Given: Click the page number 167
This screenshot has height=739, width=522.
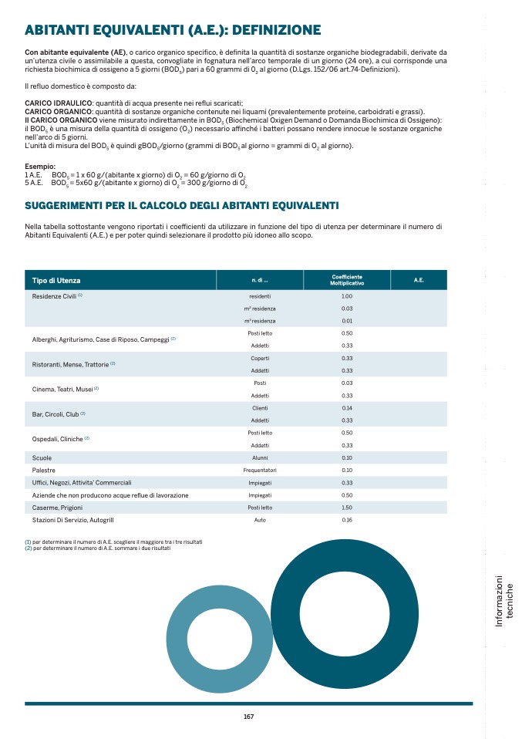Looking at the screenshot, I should click(x=248, y=717).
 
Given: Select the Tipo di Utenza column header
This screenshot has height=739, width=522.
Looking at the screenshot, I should click(x=56, y=280).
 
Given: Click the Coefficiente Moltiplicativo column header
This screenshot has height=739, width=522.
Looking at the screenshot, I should click(x=347, y=280).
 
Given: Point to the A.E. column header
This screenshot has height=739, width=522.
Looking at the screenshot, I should click(x=419, y=280).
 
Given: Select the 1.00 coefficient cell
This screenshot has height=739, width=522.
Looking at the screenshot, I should click(x=347, y=296).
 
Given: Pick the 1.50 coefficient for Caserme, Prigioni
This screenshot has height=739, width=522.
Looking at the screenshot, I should click(x=347, y=508).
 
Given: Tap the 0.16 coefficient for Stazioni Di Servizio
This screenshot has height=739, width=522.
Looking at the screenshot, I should click(x=347, y=520).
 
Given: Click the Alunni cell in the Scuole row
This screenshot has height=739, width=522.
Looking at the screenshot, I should click(x=260, y=457).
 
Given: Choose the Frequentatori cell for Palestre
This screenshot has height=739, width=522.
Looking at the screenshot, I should click(x=260, y=470).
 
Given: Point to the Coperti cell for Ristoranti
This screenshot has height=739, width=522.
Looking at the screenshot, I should click(x=260, y=358).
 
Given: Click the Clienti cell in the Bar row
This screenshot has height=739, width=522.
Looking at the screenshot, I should click(x=260, y=407).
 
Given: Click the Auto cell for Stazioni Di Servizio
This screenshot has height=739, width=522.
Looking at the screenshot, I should click(x=260, y=520).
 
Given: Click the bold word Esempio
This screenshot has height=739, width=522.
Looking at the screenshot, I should click(x=40, y=167).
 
